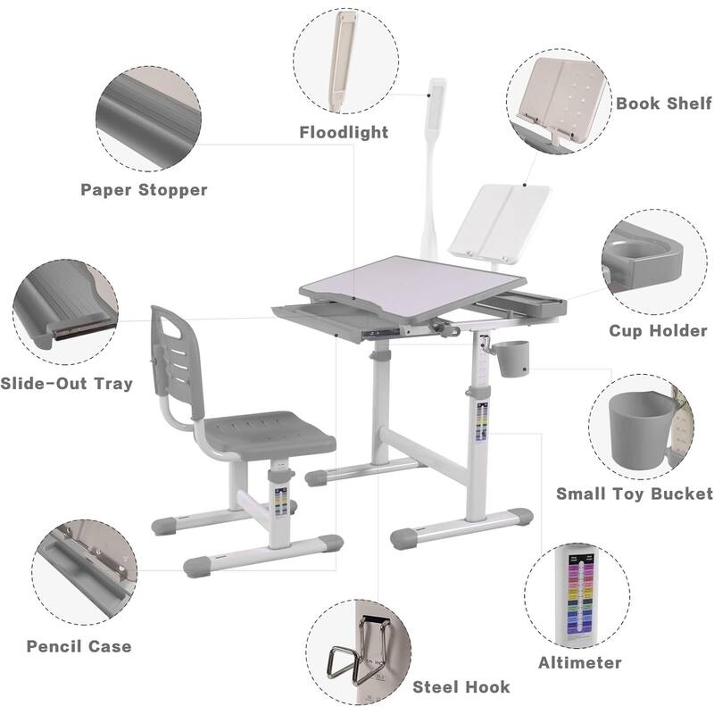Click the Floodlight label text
(x=344, y=132)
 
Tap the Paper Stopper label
(x=144, y=189)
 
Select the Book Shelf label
(x=664, y=104)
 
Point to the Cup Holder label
(x=658, y=331)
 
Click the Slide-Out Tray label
(x=66, y=384)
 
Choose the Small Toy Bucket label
(x=635, y=494)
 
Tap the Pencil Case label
(x=79, y=646)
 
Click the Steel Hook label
(x=461, y=686)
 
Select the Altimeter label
(x=579, y=663)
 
